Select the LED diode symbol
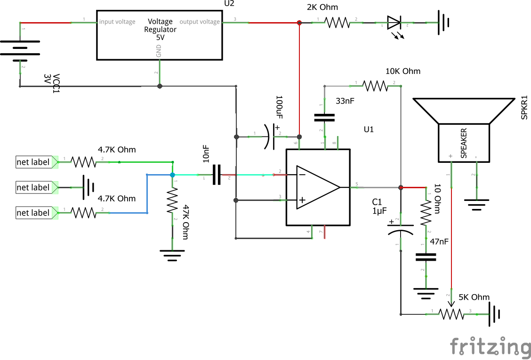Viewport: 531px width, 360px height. (x=394, y=23)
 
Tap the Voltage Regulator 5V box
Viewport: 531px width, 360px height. (x=160, y=35)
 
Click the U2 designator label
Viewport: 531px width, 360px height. (x=229, y=4)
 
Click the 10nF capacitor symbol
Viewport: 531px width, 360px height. (x=217, y=175)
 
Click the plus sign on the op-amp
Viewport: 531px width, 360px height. (x=302, y=200)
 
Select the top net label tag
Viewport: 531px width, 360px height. (x=37, y=162)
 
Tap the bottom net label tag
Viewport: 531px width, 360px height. (x=37, y=213)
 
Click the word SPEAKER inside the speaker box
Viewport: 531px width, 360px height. (x=464, y=143)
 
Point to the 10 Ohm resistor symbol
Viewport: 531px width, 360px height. (x=426, y=213)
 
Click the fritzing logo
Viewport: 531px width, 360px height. (x=490, y=347)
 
